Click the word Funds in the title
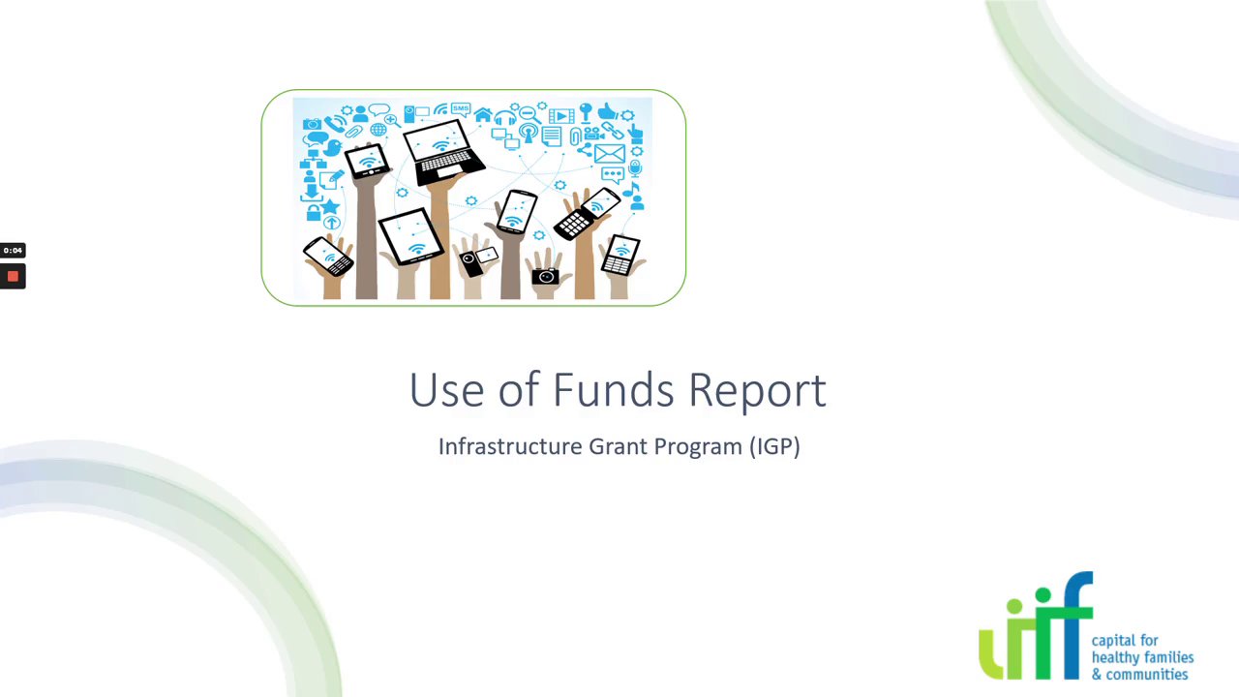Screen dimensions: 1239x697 point(613,389)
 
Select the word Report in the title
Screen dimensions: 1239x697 point(757,392)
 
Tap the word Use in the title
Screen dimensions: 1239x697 point(446,389)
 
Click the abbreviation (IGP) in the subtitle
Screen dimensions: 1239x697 point(774,446)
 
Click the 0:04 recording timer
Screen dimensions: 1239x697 point(13,251)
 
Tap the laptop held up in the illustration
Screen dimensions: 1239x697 point(443,153)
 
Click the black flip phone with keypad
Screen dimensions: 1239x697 point(587,214)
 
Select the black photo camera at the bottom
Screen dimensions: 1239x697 point(545,276)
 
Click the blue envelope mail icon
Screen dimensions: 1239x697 point(610,153)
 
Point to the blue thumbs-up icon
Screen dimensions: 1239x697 point(607,111)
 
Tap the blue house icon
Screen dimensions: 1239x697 point(483,114)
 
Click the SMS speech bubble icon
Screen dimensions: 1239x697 point(461,109)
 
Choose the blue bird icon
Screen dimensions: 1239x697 point(332,148)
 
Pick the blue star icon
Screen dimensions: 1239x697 point(330,207)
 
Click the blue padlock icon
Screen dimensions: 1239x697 point(314,212)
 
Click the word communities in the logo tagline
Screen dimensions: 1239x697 point(1147,675)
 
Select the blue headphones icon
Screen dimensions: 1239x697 point(505,118)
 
